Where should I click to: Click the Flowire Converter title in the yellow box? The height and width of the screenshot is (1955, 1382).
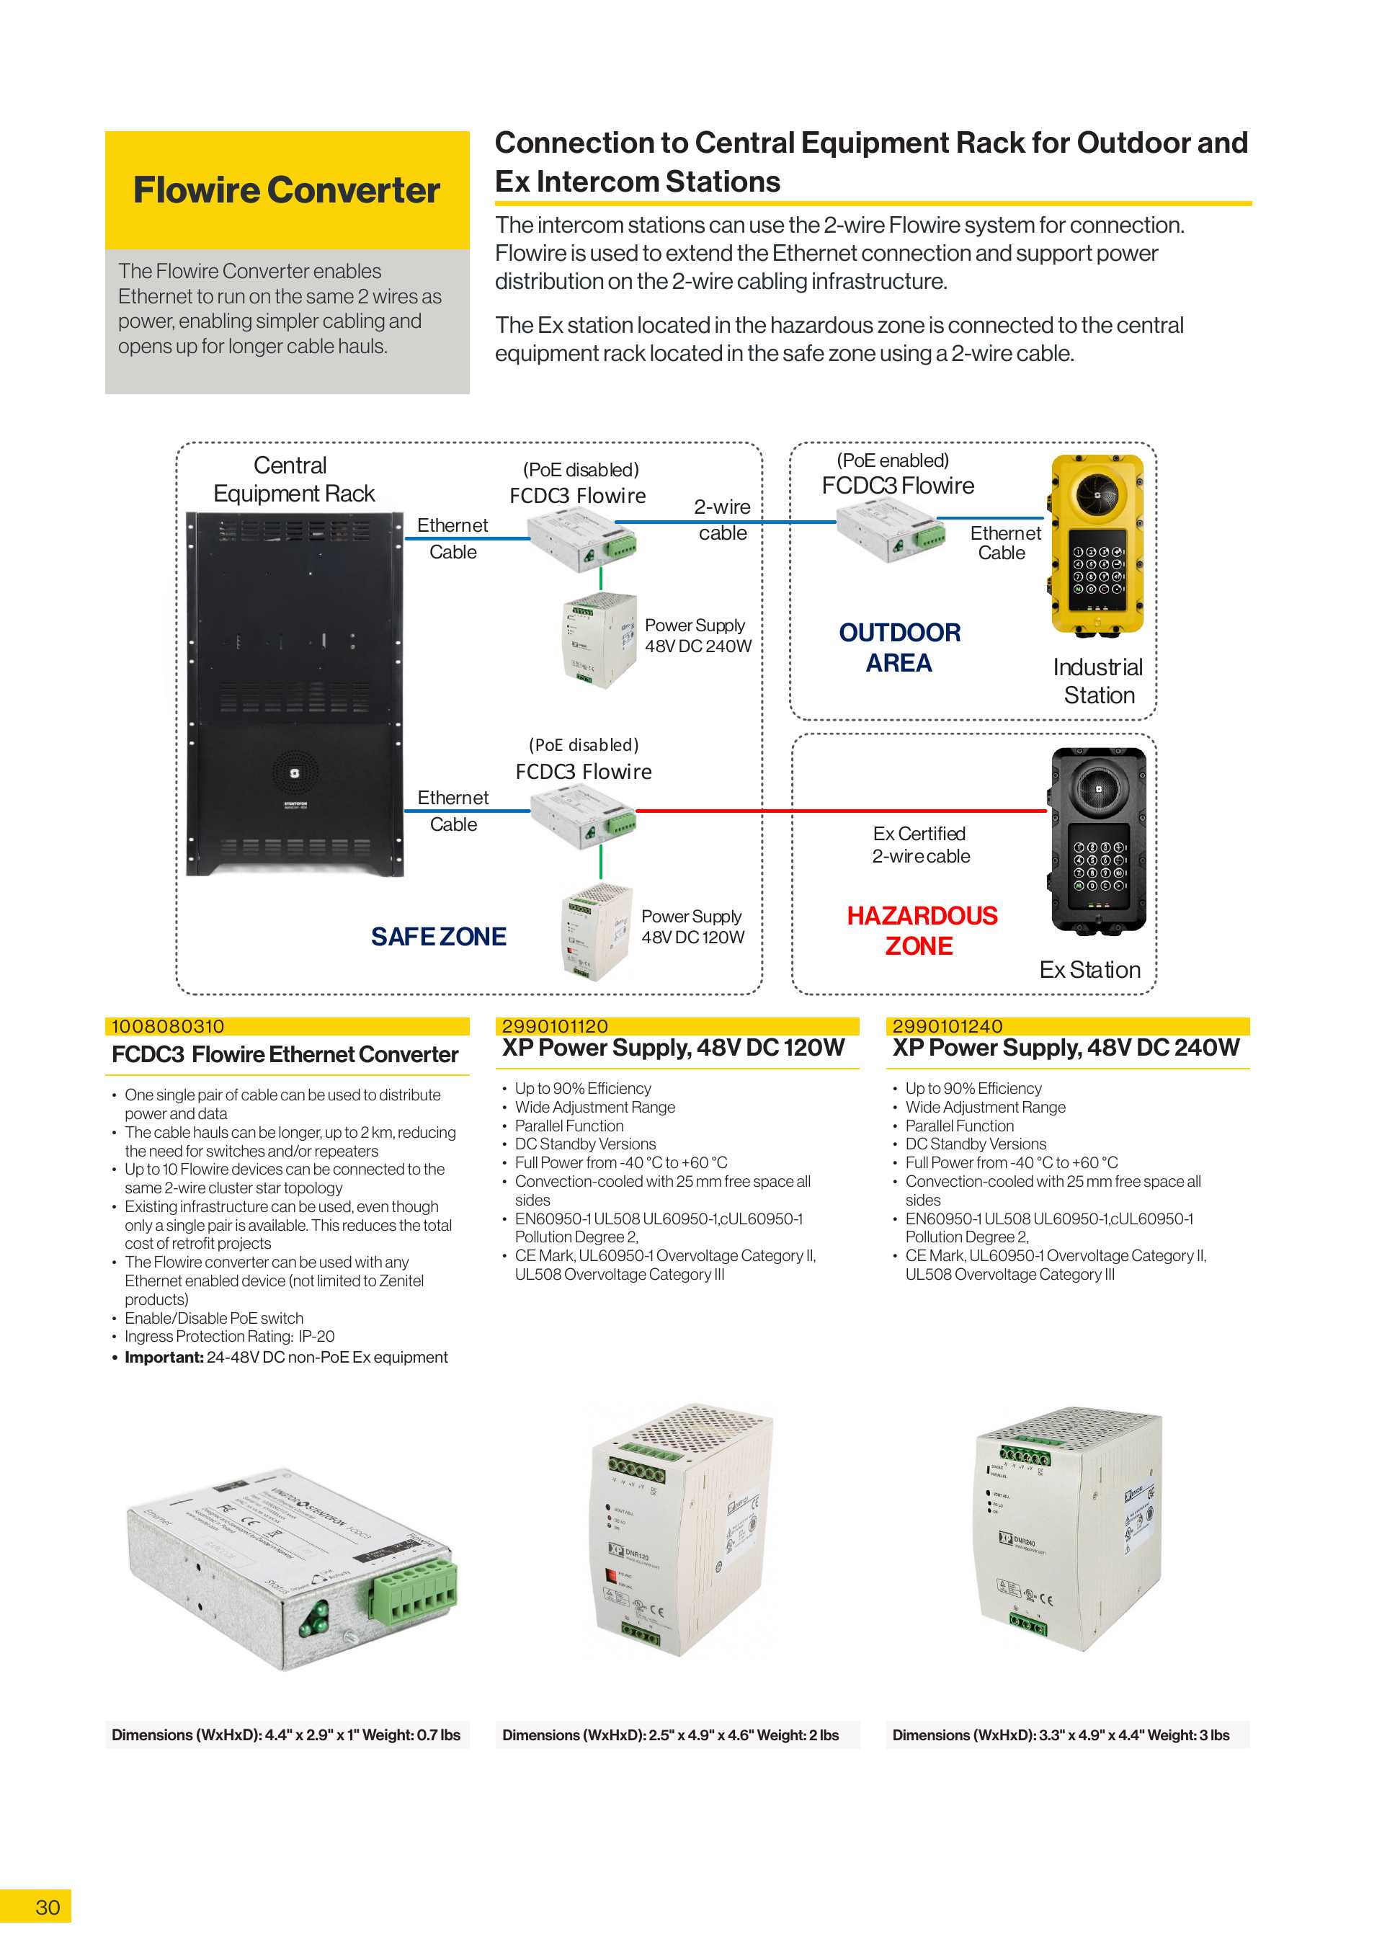pyautogui.click(x=286, y=190)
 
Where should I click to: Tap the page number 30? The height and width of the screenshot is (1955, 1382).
pyautogui.click(x=48, y=1907)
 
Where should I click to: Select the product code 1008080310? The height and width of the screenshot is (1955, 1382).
pyautogui.click(x=168, y=1026)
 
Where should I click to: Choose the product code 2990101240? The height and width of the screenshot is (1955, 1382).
pyautogui.click(x=947, y=1026)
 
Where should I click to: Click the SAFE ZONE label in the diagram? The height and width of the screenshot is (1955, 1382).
pyautogui.click(x=439, y=937)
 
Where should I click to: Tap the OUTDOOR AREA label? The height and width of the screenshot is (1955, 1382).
pyautogui.click(x=899, y=647)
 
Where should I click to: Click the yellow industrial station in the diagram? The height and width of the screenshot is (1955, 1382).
pyautogui.click(x=1097, y=545)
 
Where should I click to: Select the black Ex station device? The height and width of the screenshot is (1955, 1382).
pyautogui.click(x=1097, y=839)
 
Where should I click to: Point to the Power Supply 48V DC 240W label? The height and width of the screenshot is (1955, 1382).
pyautogui.click(x=697, y=635)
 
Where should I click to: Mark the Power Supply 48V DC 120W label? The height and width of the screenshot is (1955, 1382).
pyautogui.click(x=692, y=927)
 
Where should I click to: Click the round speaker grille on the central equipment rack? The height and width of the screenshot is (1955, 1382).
pyautogui.click(x=295, y=773)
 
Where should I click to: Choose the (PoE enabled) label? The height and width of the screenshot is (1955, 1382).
pyautogui.click(x=892, y=460)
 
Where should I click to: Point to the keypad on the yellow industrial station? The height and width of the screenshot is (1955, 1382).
pyautogui.click(x=1097, y=570)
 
